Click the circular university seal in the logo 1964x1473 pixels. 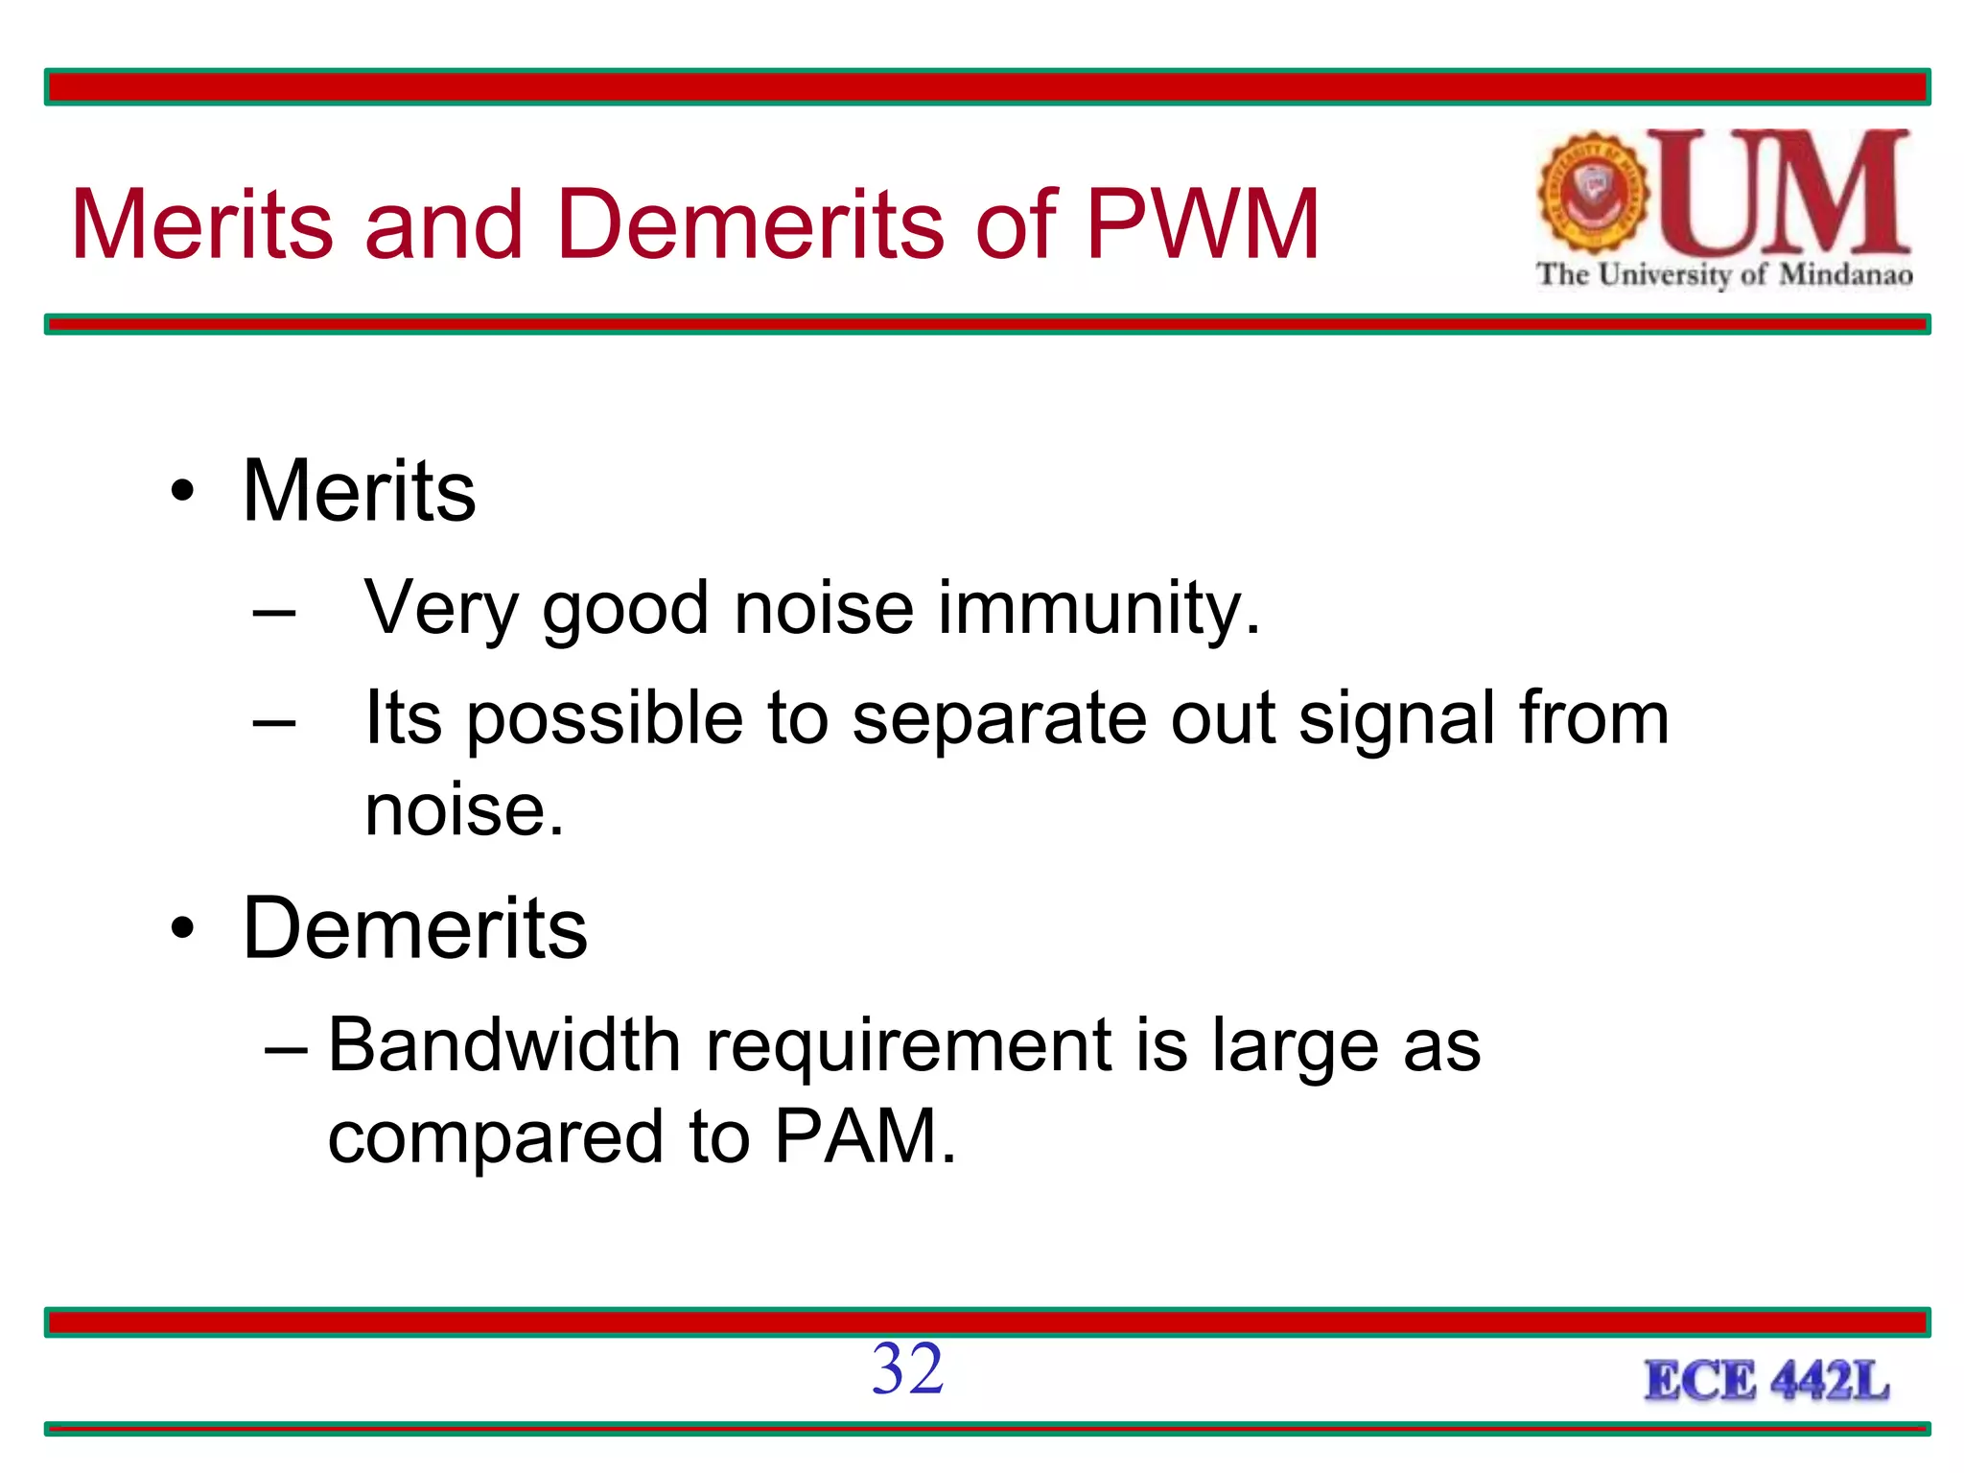click(1593, 192)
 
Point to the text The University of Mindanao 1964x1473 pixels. click(1723, 275)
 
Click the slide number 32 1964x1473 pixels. click(907, 1368)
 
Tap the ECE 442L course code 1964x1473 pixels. click(1766, 1381)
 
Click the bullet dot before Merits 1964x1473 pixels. click(182, 493)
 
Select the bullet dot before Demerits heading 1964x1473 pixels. click(182, 929)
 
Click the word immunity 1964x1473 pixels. click(1098, 608)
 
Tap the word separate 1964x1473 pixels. click(998, 719)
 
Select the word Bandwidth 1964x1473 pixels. click(504, 1044)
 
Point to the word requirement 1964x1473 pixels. click(909, 1046)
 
